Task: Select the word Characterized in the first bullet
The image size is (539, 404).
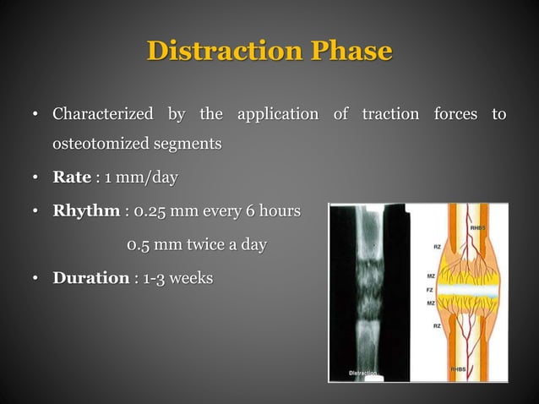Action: click(x=103, y=113)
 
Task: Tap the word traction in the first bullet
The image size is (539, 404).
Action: click(x=389, y=113)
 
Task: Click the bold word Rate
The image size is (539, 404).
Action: click(x=71, y=177)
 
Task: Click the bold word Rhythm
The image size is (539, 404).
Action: click(x=85, y=210)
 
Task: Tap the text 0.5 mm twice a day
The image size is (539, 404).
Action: click(x=197, y=245)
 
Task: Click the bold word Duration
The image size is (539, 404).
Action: click(x=90, y=278)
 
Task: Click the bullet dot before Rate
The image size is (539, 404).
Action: click(x=36, y=178)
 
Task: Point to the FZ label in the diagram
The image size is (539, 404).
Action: click(x=428, y=289)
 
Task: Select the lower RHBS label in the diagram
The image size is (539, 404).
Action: click(x=478, y=369)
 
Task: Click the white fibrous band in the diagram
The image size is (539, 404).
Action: click(x=469, y=290)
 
